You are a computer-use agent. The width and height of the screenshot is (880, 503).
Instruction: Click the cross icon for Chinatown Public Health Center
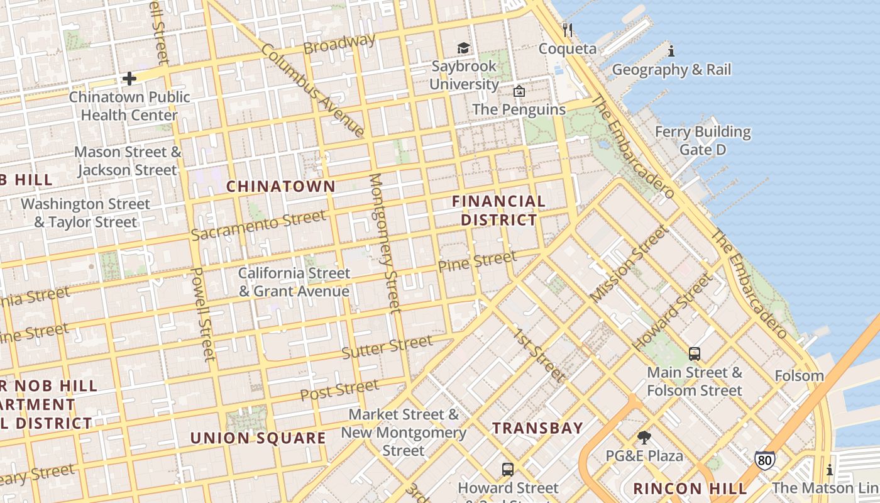click(x=129, y=79)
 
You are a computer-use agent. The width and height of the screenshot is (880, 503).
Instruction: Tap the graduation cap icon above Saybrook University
click(x=463, y=48)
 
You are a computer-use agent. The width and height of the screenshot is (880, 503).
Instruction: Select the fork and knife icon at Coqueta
click(x=568, y=30)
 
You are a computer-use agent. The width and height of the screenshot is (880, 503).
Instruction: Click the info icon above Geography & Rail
click(x=671, y=51)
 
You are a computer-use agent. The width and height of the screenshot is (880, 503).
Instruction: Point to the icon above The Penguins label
click(x=519, y=91)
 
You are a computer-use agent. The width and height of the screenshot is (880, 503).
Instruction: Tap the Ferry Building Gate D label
click(x=703, y=141)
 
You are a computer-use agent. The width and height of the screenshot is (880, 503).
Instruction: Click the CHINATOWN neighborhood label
click(x=281, y=186)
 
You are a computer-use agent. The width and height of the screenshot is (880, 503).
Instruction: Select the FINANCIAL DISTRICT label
click(x=499, y=211)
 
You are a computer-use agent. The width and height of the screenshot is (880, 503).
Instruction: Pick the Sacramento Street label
click(x=258, y=226)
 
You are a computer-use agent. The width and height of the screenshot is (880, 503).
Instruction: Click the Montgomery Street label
click(x=385, y=243)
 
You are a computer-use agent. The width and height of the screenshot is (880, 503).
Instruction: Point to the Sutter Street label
click(x=387, y=347)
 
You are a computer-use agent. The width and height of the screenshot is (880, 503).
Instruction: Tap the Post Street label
click(x=339, y=390)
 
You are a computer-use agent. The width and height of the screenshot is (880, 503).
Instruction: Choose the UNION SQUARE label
click(x=258, y=438)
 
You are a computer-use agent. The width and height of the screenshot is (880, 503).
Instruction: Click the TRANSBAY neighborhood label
click(x=537, y=428)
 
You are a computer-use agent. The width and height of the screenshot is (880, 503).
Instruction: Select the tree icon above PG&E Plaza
click(x=644, y=438)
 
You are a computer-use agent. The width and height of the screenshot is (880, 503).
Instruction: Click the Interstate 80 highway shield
click(x=764, y=460)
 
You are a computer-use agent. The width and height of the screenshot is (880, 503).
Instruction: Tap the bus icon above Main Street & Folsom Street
click(x=695, y=354)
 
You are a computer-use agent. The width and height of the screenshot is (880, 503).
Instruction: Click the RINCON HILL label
click(x=690, y=488)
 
